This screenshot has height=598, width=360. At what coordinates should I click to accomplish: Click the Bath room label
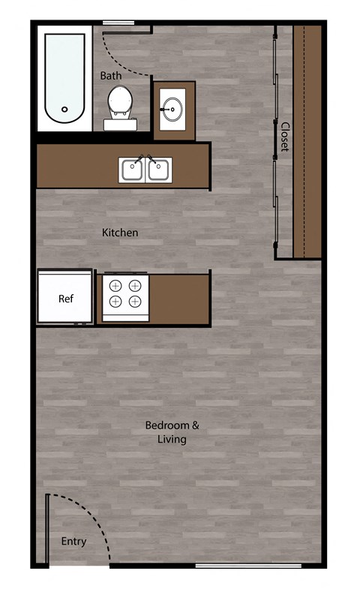[111, 76]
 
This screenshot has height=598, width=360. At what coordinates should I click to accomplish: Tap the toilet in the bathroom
[118, 101]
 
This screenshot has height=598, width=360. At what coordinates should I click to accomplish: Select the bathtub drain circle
[64, 110]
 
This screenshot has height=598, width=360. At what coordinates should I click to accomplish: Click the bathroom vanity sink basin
[173, 110]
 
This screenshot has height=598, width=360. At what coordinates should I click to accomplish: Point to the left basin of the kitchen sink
[132, 171]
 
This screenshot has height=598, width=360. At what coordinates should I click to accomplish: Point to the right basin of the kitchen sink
[157, 171]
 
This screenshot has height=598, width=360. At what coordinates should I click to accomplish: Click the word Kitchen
[120, 233]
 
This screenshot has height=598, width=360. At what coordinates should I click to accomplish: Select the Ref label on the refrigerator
[66, 299]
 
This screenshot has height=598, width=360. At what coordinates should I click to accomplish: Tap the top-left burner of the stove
[116, 285]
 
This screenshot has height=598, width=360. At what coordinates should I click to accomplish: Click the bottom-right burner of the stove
[135, 302]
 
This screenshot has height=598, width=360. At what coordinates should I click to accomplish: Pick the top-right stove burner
[135, 285]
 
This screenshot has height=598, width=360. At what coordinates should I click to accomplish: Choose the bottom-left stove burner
[116, 302]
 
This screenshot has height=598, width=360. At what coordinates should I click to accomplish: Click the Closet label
[285, 137]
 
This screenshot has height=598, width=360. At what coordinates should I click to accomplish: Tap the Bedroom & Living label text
[172, 432]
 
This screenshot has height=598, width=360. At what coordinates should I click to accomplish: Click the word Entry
[73, 541]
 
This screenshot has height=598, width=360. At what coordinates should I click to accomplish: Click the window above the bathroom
[118, 23]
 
